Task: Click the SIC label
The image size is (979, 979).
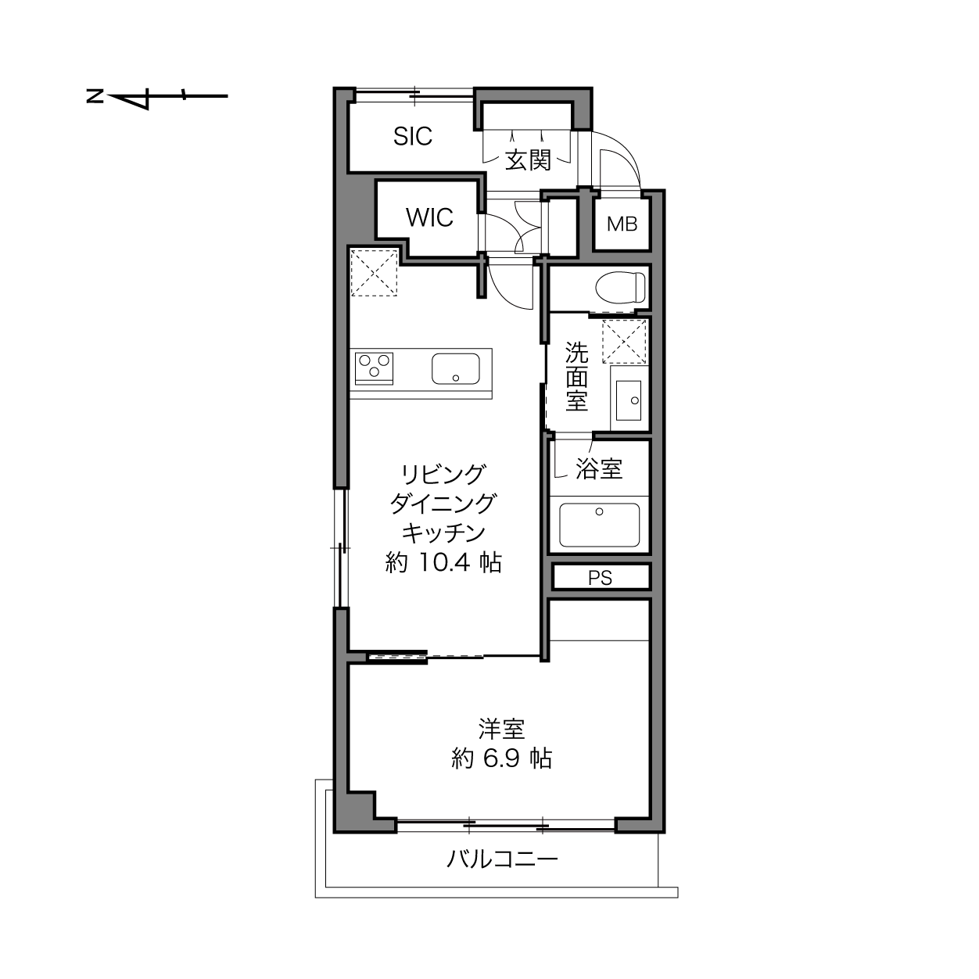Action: tap(413, 136)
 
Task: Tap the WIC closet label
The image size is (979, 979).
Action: tap(429, 217)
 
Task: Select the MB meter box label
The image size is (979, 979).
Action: tap(622, 224)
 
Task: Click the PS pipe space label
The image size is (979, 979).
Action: tap(600, 578)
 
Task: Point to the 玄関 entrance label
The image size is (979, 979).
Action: tap(529, 160)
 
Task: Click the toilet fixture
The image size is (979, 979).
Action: tap(620, 288)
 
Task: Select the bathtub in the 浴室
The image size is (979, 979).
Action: tap(600, 525)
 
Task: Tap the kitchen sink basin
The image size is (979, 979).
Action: tap(456, 369)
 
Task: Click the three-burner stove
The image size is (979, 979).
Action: tap(375, 368)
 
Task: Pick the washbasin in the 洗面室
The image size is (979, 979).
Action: tap(629, 400)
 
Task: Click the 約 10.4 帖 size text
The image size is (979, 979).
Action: tap(443, 562)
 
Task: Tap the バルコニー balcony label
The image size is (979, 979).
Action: tap(502, 859)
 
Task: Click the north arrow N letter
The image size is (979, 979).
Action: tap(95, 96)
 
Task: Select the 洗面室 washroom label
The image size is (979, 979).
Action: tap(576, 376)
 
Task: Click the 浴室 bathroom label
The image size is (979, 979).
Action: tap(599, 468)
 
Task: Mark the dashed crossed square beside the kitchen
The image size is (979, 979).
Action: tap(374, 272)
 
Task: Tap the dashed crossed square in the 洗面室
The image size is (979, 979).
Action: tap(624, 342)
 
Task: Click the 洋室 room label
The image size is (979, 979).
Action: tap(501, 729)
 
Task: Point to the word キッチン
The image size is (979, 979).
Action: tap(443, 533)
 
